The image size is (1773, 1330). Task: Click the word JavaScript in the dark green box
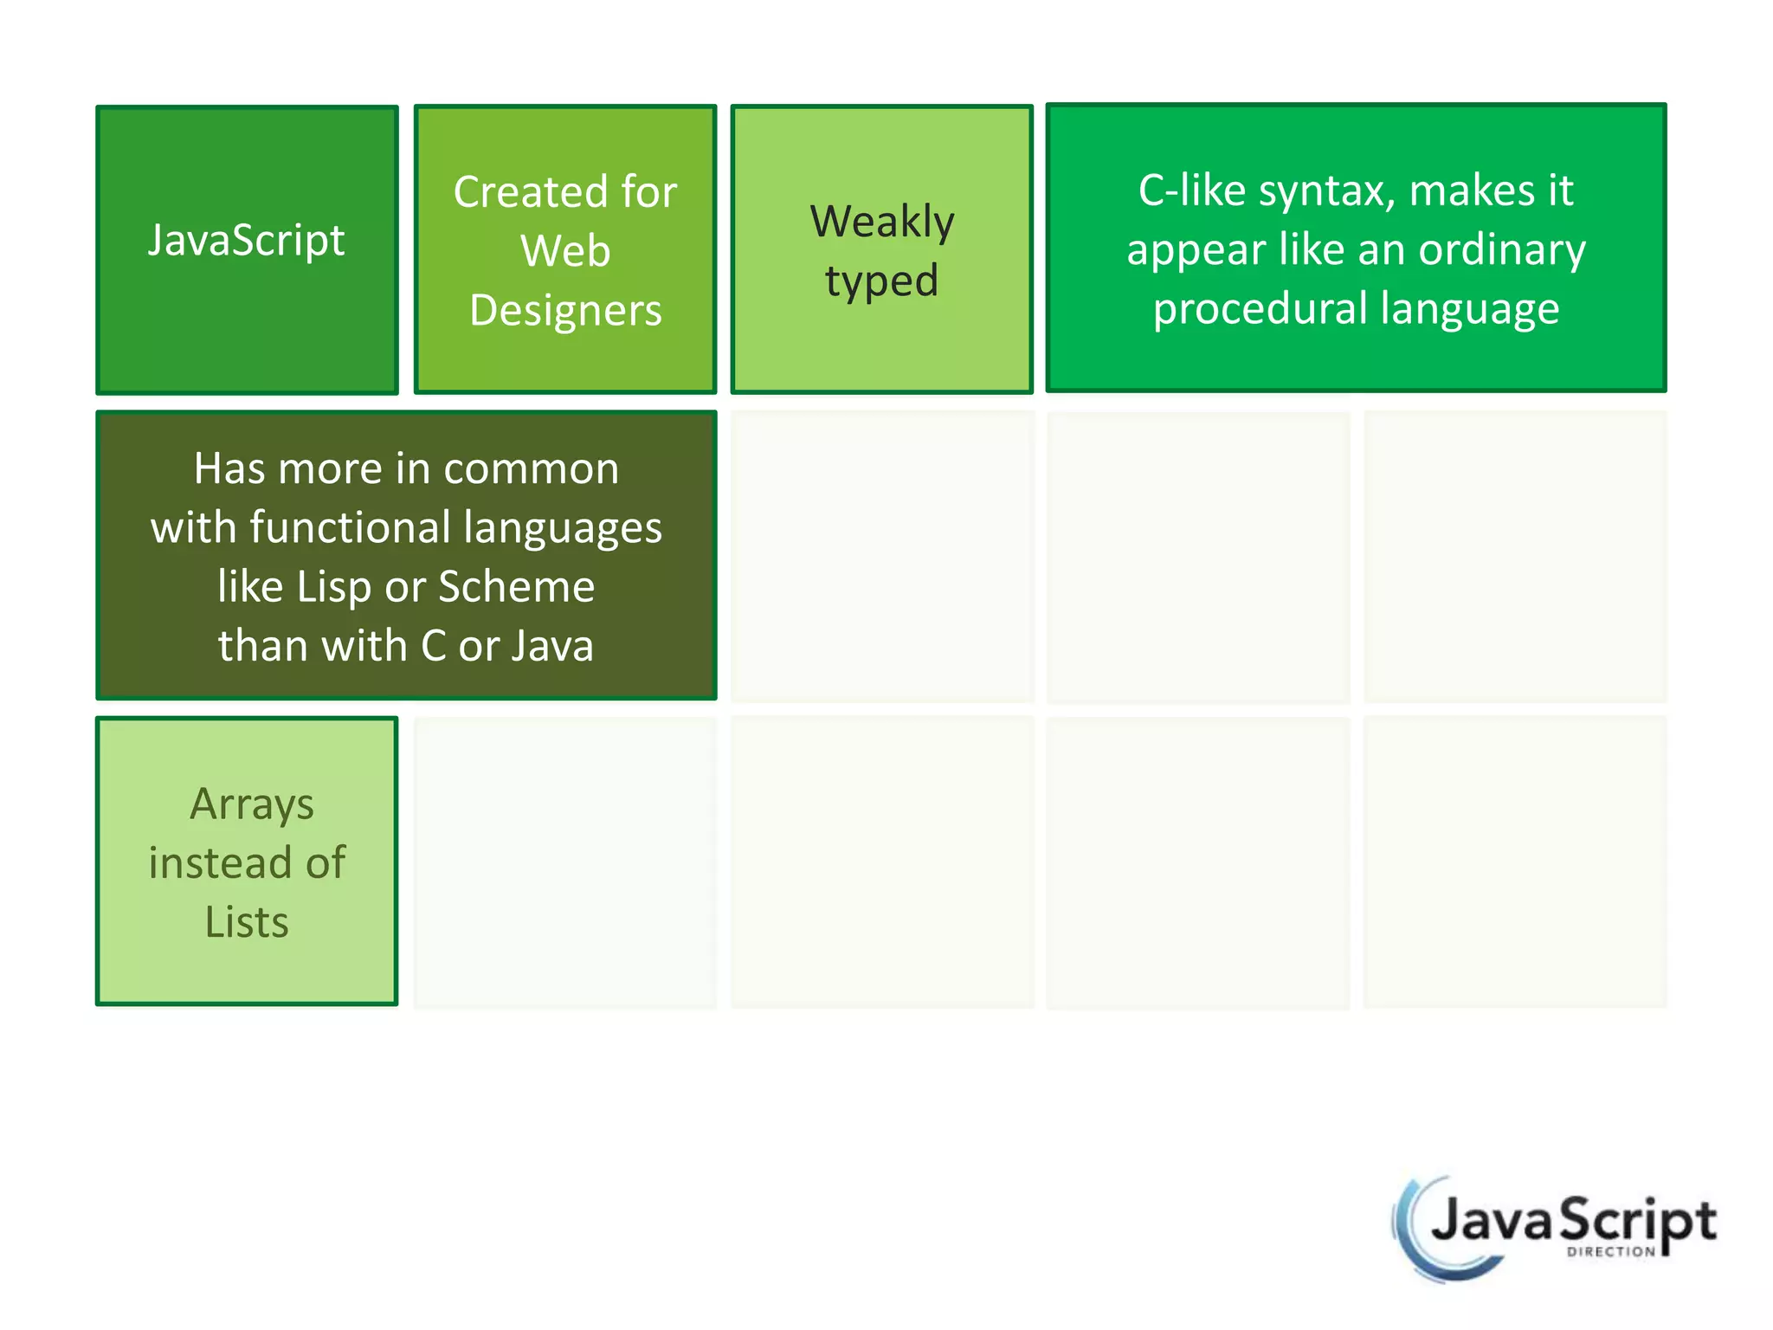point(246,240)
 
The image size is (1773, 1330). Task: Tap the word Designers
point(565,310)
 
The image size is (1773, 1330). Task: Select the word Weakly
point(882,222)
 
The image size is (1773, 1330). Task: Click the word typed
point(881,281)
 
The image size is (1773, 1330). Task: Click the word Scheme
point(517,586)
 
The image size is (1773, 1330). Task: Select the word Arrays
point(251,804)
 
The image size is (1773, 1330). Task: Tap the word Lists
point(247,921)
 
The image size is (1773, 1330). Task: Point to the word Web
point(565,251)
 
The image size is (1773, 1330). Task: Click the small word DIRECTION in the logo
point(1610,1251)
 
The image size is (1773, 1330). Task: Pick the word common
point(531,468)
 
